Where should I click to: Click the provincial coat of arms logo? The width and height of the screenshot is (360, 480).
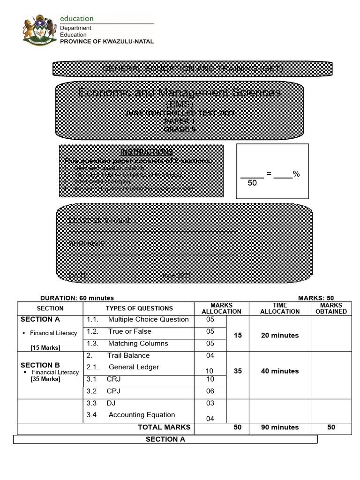[39, 30]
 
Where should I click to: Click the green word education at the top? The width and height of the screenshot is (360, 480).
[76, 18]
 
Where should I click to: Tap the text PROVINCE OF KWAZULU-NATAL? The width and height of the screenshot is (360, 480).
[106, 41]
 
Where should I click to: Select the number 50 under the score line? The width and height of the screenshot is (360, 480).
[252, 183]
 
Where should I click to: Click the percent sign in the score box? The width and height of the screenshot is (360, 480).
[296, 174]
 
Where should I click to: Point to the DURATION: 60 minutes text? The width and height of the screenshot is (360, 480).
[77, 298]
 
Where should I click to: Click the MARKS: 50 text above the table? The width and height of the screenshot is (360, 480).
[316, 298]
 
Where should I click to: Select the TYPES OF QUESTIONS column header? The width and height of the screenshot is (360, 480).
[139, 308]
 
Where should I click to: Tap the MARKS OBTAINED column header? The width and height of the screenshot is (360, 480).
[332, 308]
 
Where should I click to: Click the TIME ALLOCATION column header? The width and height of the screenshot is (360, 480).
[280, 308]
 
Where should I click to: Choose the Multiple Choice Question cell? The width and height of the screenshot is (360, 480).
[148, 320]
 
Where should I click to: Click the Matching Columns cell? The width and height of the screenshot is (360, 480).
[138, 344]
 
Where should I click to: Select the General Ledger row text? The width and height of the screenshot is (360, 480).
[134, 367]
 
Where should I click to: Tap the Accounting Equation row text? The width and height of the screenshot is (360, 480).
[142, 415]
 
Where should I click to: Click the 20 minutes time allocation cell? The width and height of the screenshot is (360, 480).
[280, 336]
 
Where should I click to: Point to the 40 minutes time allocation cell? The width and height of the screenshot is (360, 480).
[280, 371]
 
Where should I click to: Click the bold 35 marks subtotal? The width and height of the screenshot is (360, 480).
[238, 371]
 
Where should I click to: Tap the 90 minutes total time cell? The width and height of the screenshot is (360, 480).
[280, 427]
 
